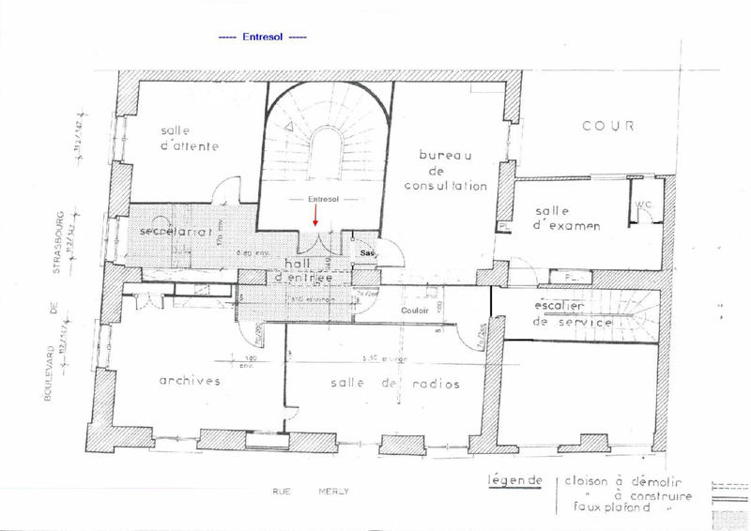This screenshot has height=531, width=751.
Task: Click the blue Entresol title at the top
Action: [262, 38]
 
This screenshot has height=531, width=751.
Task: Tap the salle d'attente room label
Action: [189, 138]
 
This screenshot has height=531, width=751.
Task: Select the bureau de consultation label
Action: [446, 170]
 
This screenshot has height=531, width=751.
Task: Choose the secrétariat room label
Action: [172, 231]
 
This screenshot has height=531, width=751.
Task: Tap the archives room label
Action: [189, 381]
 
